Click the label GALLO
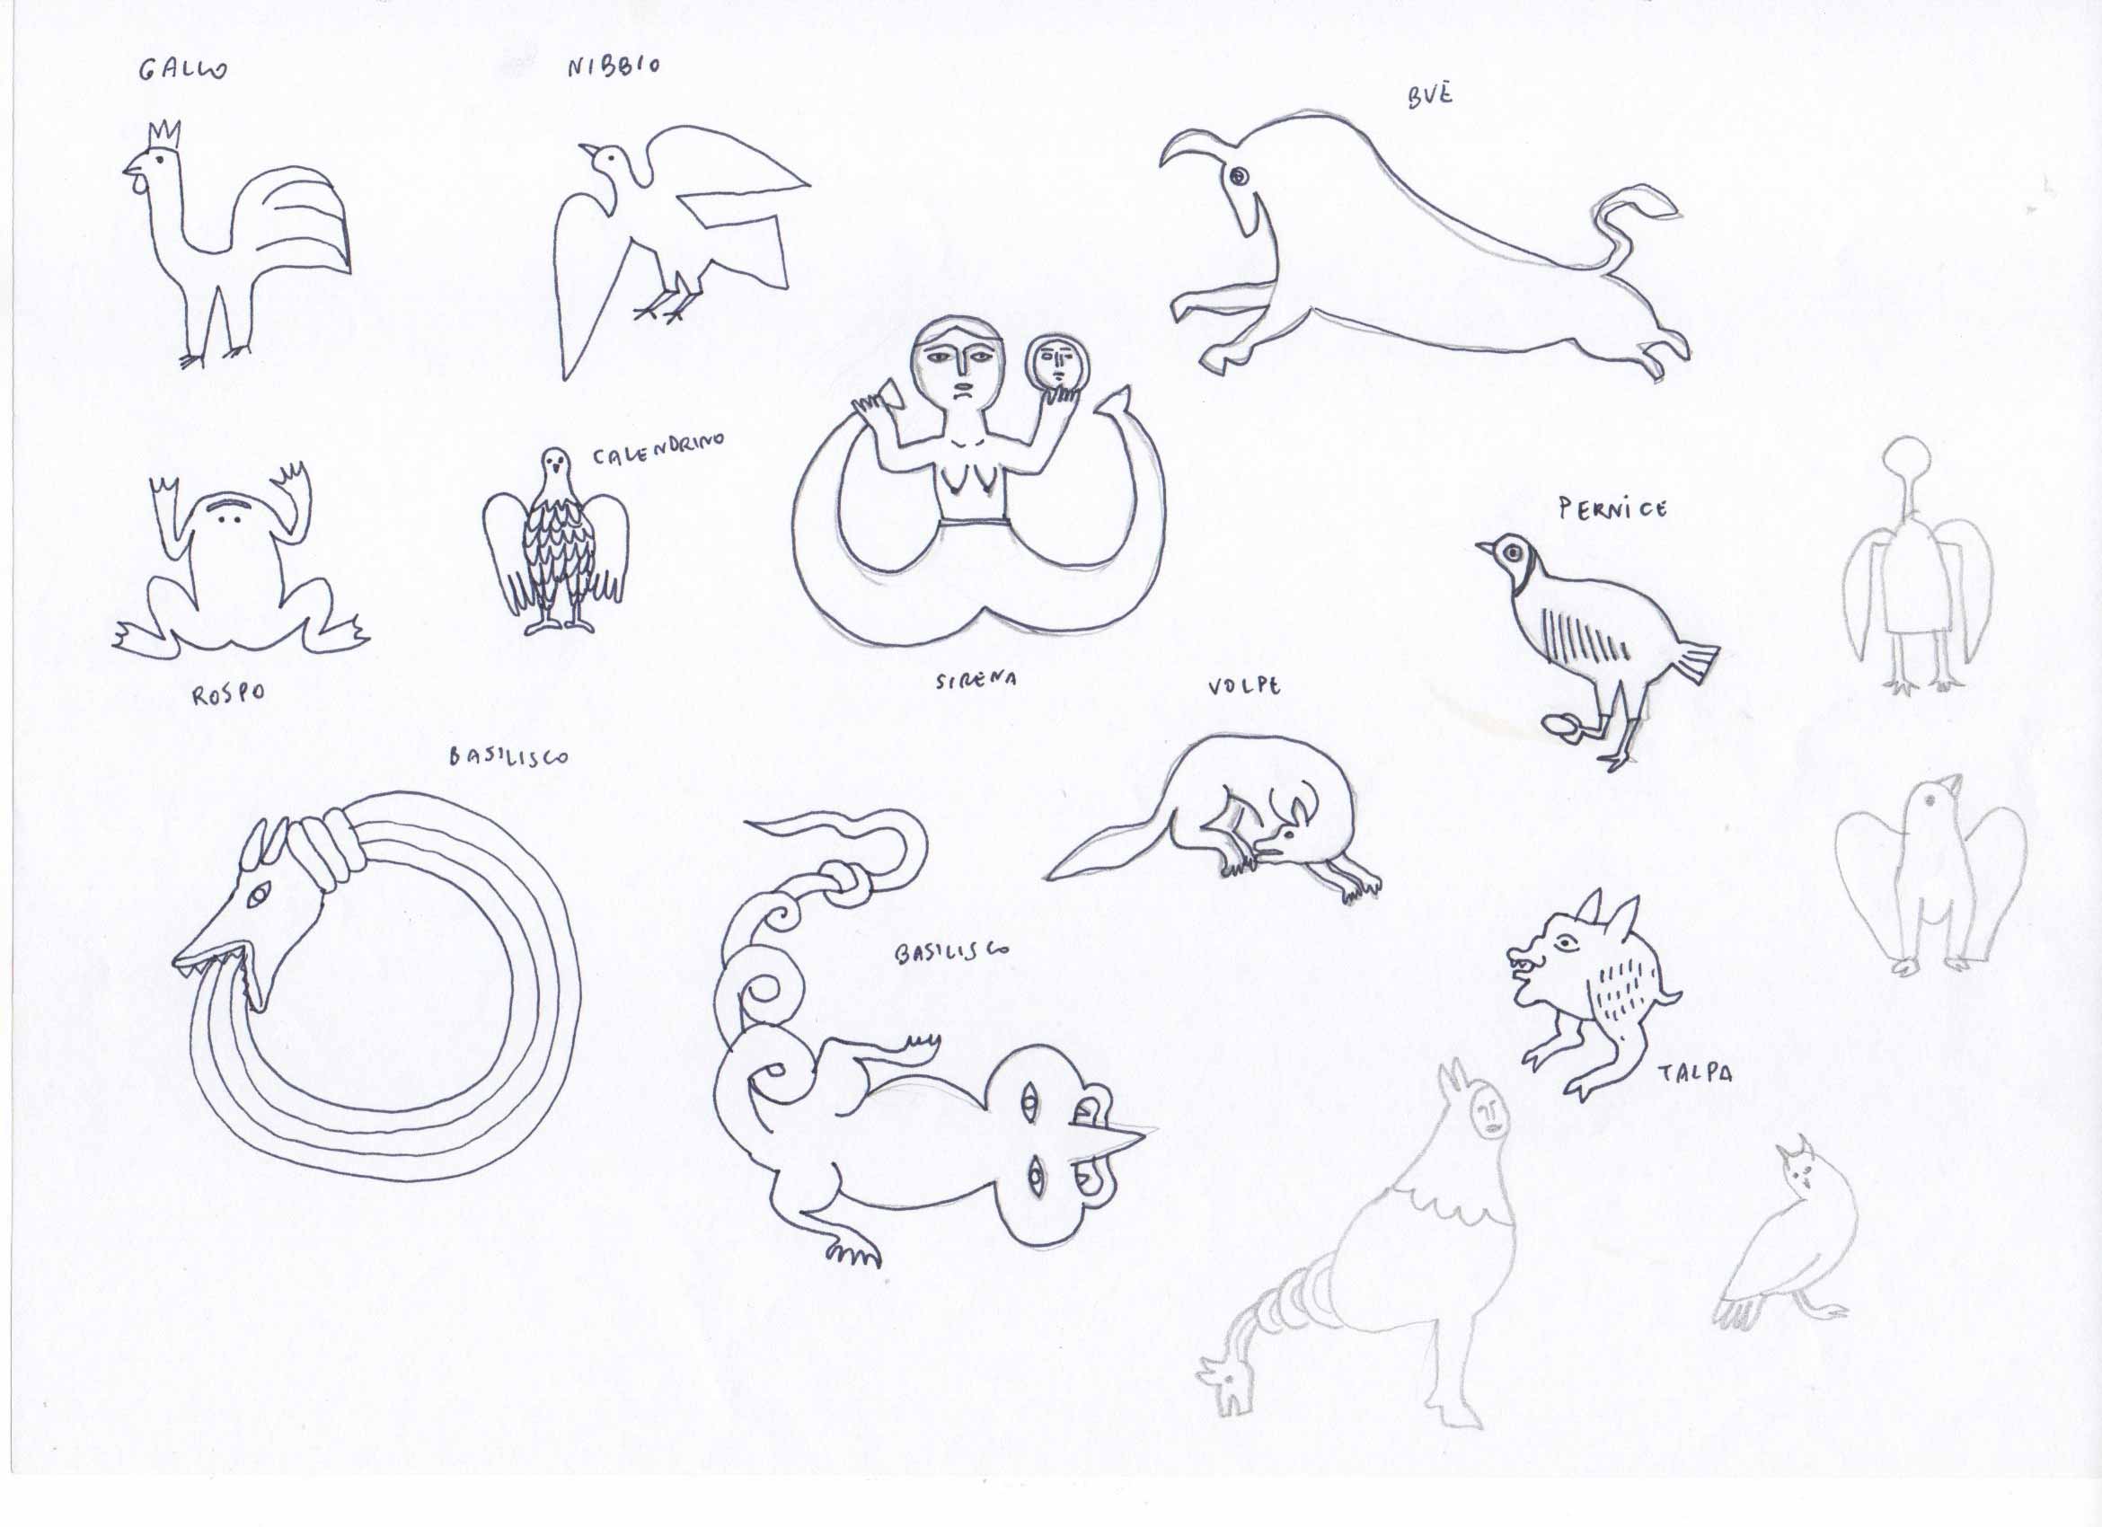[x=182, y=68]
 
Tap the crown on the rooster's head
[x=164, y=136]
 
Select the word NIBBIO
[x=614, y=66]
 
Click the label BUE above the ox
[x=1430, y=95]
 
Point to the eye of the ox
[x=1238, y=175]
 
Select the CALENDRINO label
[x=659, y=449]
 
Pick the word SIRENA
[x=976, y=681]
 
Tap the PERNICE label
[x=1613, y=508]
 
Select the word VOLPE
[x=1244, y=686]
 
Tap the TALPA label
[x=1695, y=1074]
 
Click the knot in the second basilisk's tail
[x=844, y=886]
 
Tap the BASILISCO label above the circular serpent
[x=508, y=757]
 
